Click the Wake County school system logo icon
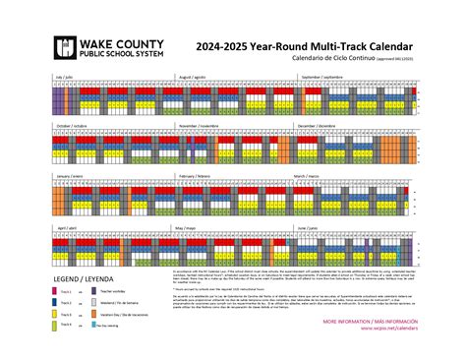pos(66,47)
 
